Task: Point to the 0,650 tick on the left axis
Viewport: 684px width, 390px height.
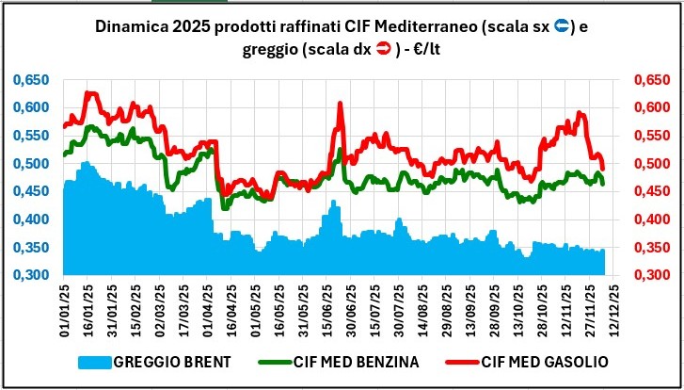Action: click(29, 80)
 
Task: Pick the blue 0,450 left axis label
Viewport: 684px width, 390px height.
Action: click(29, 192)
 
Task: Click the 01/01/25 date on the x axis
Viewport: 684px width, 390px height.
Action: click(65, 311)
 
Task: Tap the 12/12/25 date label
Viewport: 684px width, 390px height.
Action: click(614, 311)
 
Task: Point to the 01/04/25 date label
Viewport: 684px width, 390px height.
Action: click(212, 311)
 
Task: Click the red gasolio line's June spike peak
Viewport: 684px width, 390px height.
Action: click(340, 104)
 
